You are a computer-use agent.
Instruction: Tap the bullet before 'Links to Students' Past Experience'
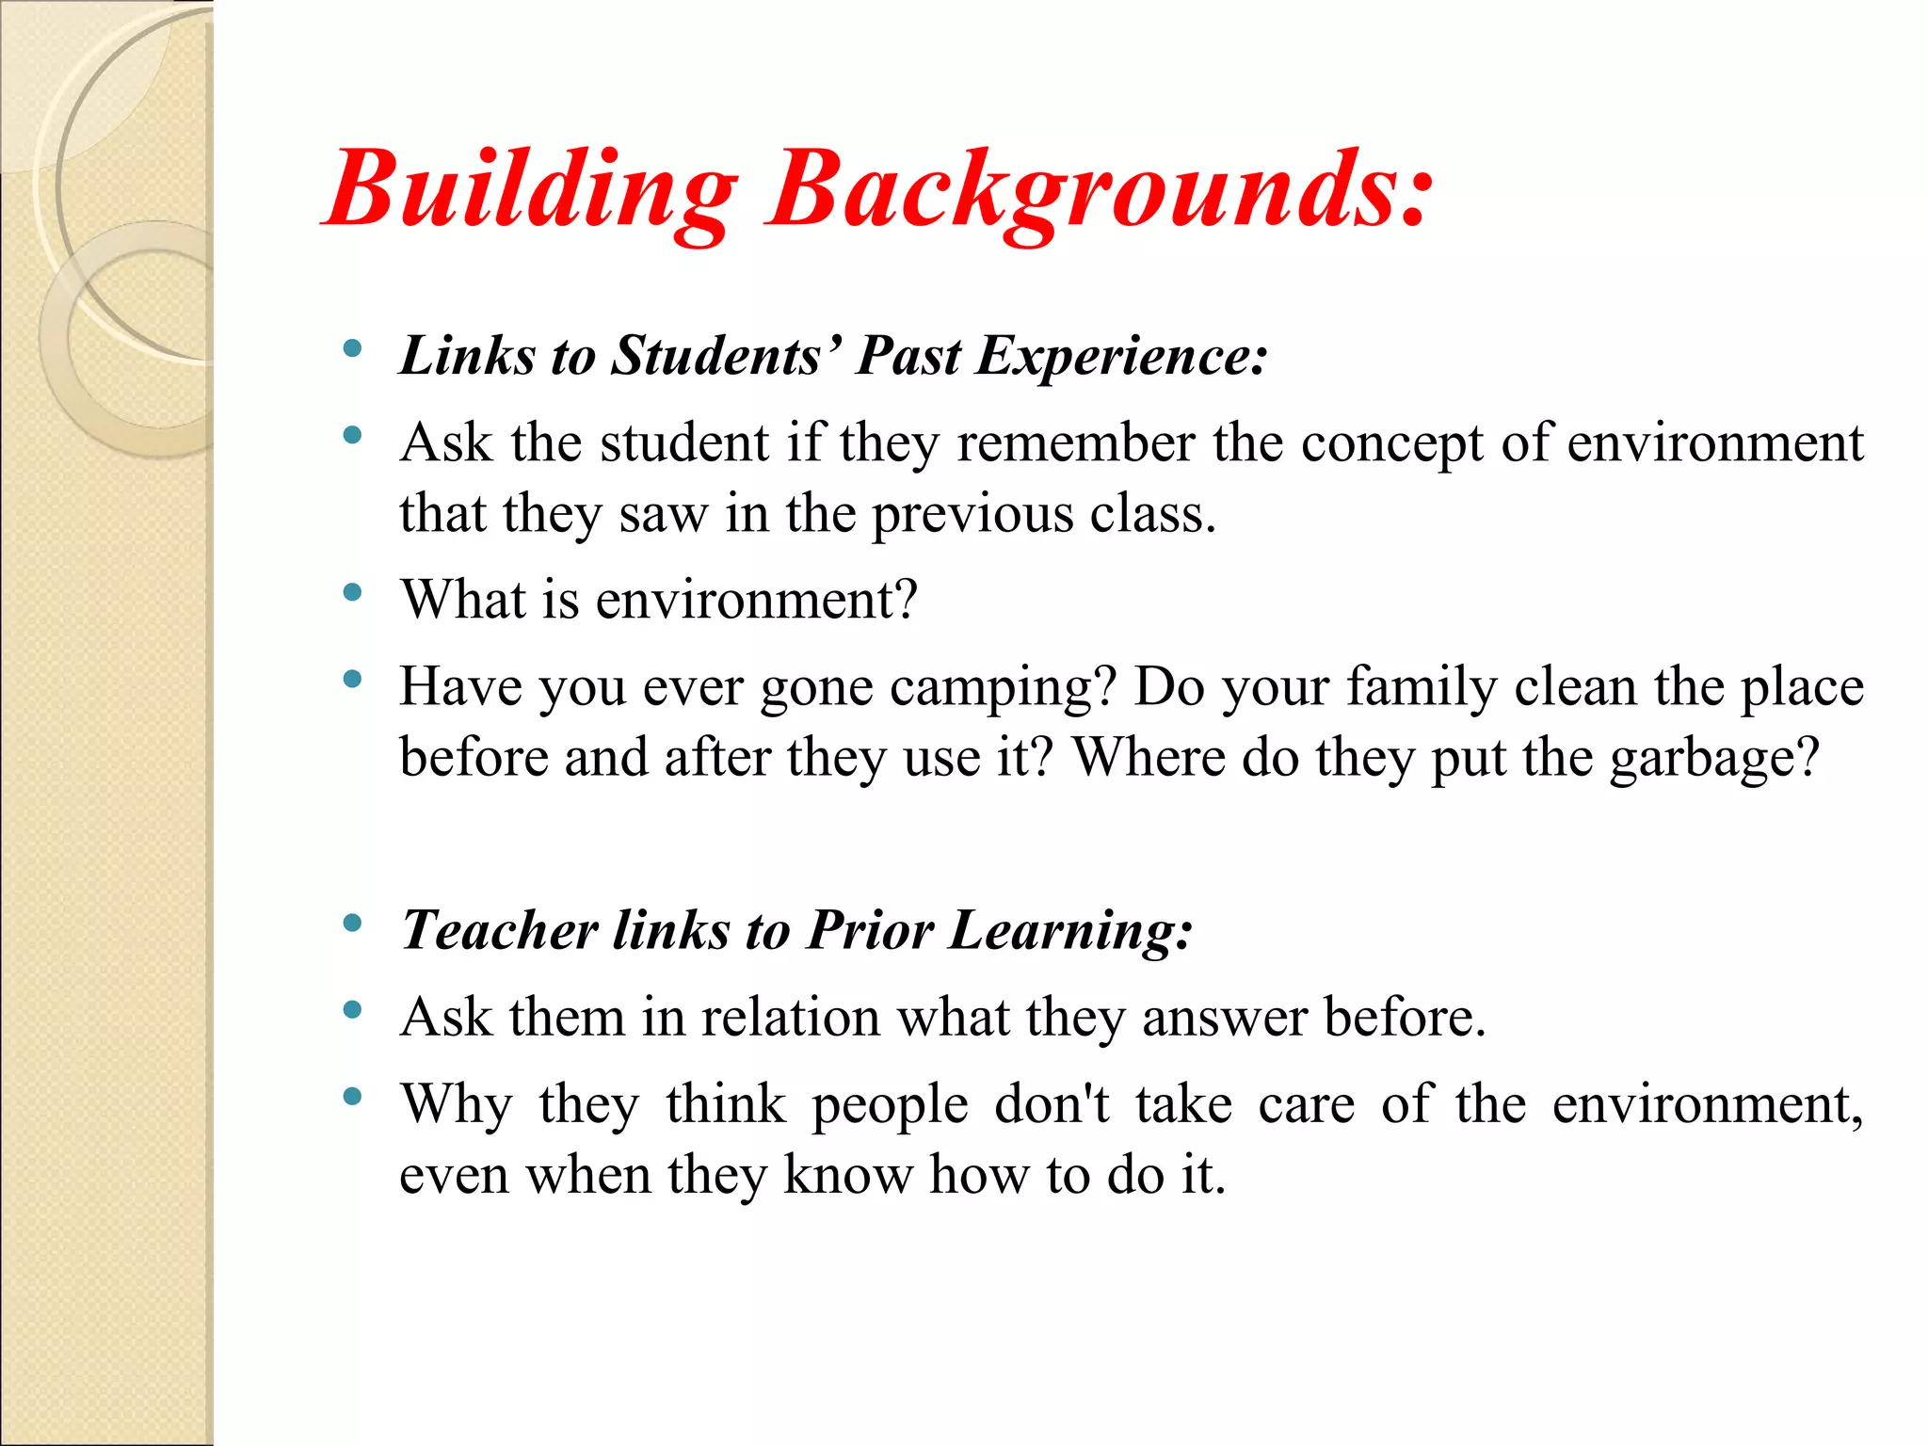point(353,349)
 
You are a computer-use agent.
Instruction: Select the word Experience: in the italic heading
point(1121,357)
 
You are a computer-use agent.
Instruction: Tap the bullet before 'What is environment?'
point(353,592)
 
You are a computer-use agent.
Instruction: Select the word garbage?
point(1714,759)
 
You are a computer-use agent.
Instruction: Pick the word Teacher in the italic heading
point(499,930)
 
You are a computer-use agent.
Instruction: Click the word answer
point(1224,1018)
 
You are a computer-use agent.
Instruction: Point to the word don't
point(1052,1104)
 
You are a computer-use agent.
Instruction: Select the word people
point(890,1106)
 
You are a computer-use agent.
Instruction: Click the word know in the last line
point(847,1175)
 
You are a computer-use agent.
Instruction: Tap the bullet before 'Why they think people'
point(353,1096)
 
